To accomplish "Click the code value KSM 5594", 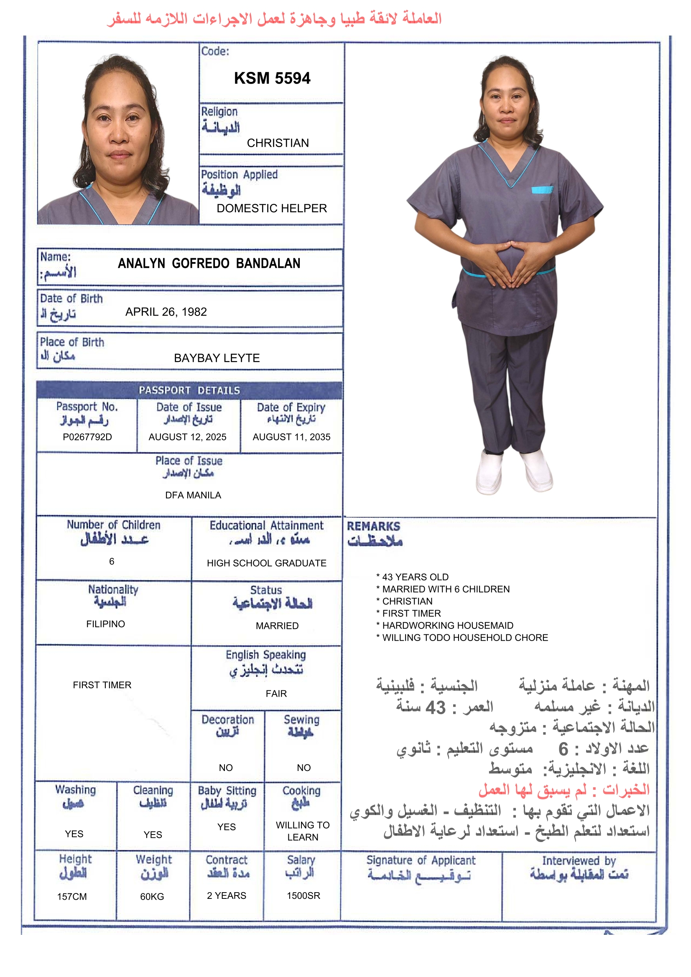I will tap(272, 78).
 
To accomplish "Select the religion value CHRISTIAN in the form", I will tap(278, 143).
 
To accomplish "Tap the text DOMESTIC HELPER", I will tap(272, 208).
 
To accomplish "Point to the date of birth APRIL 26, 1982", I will tap(166, 312).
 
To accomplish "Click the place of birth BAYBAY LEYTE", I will tap(217, 358).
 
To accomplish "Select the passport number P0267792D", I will tap(87, 437).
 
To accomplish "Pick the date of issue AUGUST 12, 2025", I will tap(187, 437).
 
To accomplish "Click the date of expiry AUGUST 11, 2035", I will tap(291, 437).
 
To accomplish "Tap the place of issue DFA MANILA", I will tap(193, 495).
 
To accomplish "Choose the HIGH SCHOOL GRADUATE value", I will tap(267, 563).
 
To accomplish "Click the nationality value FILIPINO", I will tap(106, 624).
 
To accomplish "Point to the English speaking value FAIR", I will tap(276, 694).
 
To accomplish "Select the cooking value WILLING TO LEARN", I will tap(303, 831).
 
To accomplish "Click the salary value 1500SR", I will tap(303, 896).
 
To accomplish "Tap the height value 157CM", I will tap(72, 897).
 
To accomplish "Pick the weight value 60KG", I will tap(152, 897).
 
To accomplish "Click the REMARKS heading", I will tap(373, 527).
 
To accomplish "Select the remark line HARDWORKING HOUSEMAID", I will tap(447, 626).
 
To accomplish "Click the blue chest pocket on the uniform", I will tap(542, 190).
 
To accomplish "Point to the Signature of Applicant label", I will tap(421, 860).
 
